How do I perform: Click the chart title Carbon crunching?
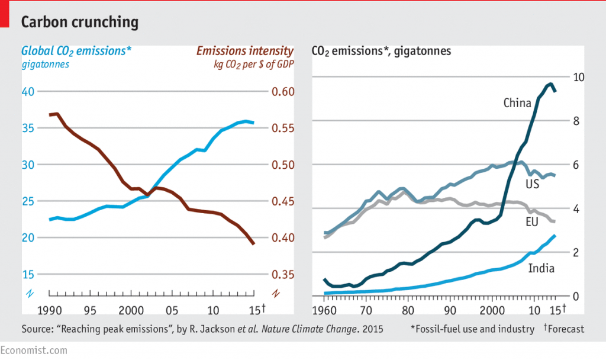(80, 22)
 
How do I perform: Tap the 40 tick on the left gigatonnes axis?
(28, 92)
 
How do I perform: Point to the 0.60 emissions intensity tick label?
(283, 92)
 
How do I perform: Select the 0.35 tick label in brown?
(283, 275)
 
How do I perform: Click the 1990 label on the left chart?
(50, 310)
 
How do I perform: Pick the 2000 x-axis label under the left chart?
(131, 310)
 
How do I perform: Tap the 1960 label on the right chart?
(324, 310)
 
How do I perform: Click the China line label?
(517, 103)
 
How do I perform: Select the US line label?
(532, 184)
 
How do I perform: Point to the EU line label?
(532, 221)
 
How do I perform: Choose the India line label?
(541, 268)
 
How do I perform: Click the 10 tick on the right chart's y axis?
(579, 78)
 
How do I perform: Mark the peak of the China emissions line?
(550, 83)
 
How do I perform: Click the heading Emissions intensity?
(245, 51)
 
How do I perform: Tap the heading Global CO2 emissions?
(76, 51)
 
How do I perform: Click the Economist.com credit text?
(34, 351)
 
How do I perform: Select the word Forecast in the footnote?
(566, 329)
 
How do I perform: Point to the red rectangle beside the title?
(4, 14)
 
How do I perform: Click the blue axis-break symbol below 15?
(30, 294)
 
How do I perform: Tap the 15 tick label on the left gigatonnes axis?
(28, 275)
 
